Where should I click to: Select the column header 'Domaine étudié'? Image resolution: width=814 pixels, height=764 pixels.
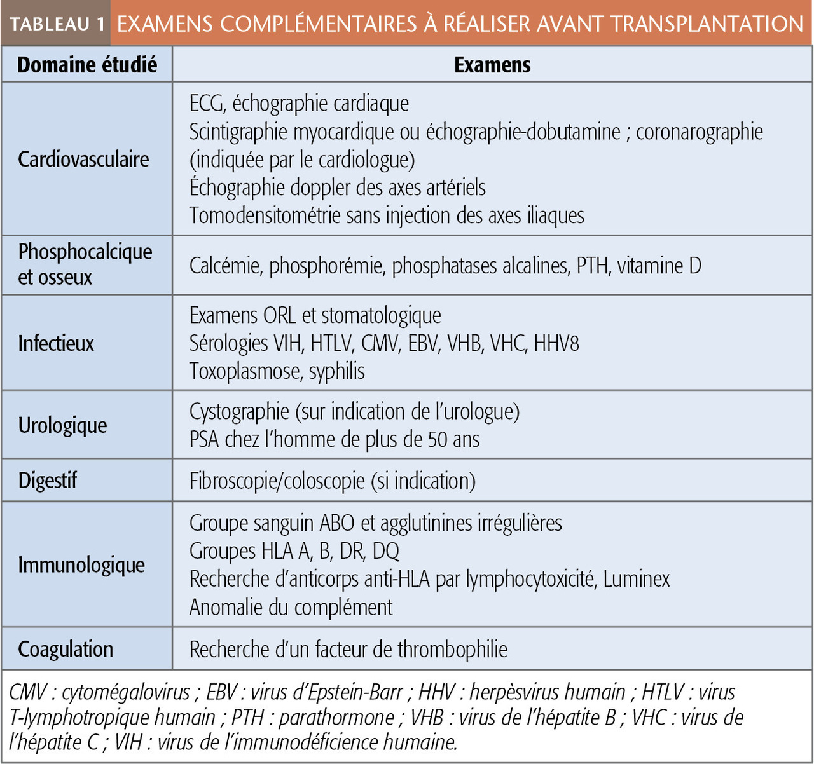86,65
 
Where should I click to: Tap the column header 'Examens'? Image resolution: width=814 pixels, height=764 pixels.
492,65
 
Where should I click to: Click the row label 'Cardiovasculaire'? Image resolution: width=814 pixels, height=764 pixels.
83,159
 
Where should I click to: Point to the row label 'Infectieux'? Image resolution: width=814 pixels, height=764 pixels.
56,343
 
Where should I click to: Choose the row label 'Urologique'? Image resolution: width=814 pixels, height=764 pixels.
62,425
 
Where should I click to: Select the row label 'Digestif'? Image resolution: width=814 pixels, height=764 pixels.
48,481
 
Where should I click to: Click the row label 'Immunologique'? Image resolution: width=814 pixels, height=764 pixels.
81,564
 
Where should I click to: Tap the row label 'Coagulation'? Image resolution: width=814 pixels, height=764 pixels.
66,649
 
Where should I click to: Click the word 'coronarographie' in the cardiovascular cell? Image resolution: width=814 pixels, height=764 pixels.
700,132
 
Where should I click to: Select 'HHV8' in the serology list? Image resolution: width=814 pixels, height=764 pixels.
556,343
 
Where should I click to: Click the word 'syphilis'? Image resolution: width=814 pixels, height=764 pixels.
336,371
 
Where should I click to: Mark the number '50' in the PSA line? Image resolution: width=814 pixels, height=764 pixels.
438,439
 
